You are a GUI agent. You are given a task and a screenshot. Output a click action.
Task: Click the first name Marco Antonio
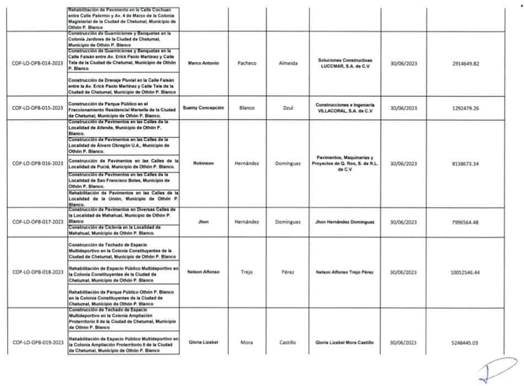[x=203, y=63]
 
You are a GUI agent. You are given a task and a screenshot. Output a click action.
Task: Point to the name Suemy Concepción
[x=203, y=108]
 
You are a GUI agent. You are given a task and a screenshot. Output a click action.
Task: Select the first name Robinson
[x=203, y=163]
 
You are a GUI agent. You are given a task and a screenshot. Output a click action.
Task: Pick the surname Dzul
[x=288, y=108]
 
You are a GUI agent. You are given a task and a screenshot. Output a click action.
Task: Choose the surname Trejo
[x=247, y=272]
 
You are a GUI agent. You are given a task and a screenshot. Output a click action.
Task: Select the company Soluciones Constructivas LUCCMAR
[x=345, y=63]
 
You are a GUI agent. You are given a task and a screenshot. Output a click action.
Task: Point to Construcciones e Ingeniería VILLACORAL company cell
[x=345, y=108]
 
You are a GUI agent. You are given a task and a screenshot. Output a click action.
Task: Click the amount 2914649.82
[x=465, y=64]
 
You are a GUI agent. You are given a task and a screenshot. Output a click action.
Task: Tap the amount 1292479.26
[x=465, y=109]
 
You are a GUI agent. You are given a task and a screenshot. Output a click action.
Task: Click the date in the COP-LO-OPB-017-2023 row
[x=403, y=222]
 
